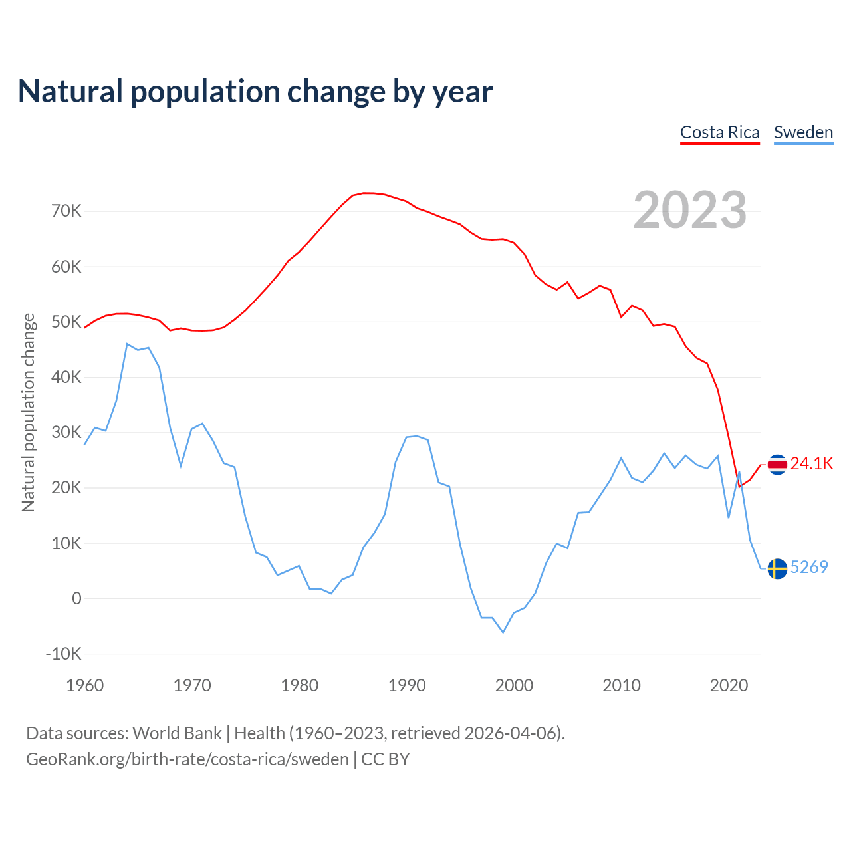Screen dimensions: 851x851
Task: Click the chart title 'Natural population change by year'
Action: point(255,92)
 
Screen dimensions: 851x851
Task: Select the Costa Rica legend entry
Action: point(719,132)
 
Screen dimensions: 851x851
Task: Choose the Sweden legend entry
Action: point(803,132)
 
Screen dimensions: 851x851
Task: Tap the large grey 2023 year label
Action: point(690,210)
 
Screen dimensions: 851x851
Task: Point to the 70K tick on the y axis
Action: point(66,211)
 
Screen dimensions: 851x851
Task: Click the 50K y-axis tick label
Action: point(66,322)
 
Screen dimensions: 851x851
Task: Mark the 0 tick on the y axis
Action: point(76,598)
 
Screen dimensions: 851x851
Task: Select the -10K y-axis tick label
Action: point(63,654)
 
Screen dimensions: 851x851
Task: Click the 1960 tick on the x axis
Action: point(85,685)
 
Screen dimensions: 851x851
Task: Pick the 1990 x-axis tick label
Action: point(407,685)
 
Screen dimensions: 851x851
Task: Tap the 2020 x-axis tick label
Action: point(729,685)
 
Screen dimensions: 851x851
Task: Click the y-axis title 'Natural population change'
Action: point(28,412)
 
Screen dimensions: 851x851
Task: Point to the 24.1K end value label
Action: point(811,464)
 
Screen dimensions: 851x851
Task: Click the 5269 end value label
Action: point(809,567)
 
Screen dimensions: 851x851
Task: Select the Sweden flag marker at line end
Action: point(777,569)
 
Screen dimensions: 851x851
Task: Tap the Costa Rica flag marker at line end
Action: point(777,465)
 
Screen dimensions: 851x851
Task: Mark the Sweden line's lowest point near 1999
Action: point(503,632)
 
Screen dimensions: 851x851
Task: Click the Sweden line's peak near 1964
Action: point(127,344)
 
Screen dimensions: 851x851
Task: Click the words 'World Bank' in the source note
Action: point(177,733)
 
